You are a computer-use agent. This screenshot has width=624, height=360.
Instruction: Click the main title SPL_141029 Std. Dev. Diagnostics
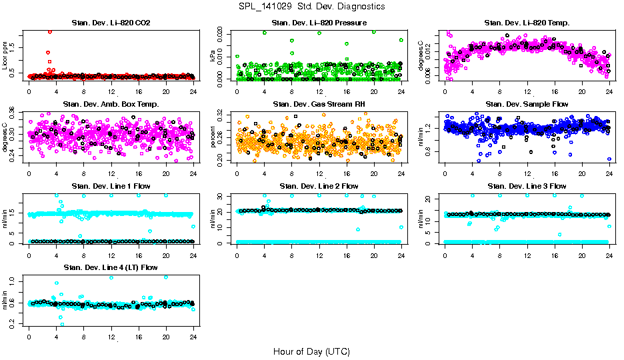point(311,6)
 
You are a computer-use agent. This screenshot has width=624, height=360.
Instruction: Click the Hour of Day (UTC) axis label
point(311,351)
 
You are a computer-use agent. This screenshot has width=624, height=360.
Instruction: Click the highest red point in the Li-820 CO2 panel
point(50,31)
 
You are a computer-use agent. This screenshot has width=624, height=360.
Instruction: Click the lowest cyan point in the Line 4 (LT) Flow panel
point(63,324)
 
